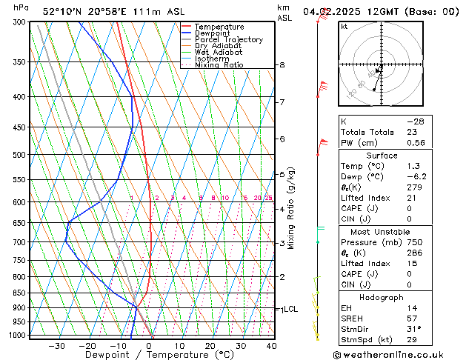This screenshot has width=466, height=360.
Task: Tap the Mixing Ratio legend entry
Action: pos(219,65)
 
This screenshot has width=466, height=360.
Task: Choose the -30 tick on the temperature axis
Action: pos(56,345)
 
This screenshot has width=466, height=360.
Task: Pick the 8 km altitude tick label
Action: pos(282,65)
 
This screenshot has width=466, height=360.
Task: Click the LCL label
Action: pos(290,309)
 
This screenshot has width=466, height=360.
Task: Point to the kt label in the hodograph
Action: pos(344,26)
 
